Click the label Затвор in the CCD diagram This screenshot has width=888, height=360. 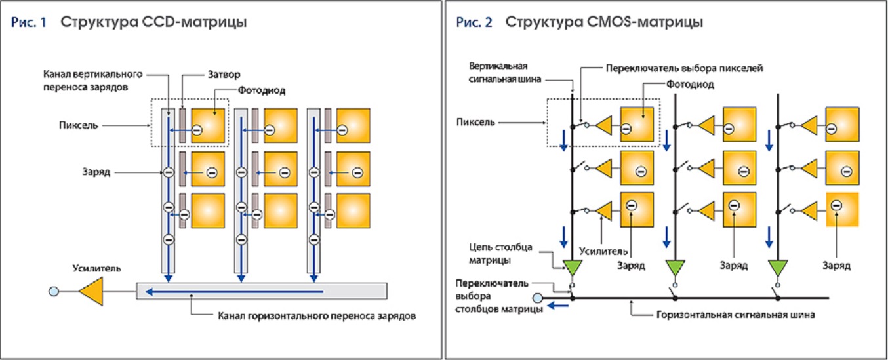pyautogui.click(x=224, y=75)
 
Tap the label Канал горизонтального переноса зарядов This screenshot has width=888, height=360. pyautogui.click(x=317, y=316)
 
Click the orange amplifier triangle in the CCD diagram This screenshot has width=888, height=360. pyautogui.click(x=91, y=291)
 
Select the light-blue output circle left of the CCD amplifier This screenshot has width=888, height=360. pyautogui.click(x=54, y=291)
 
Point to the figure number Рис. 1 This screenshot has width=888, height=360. pyautogui.click(x=29, y=22)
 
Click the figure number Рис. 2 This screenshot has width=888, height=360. pyautogui.click(x=474, y=22)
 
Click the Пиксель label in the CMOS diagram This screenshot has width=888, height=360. pyautogui.click(x=475, y=122)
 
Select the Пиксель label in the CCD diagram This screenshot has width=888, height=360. pyautogui.click(x=79, y=125)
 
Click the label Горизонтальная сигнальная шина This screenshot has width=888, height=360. pyautogui.click(x=736, y=315)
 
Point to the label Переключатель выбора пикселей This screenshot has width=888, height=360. pyautogui.click(x=685, y=69)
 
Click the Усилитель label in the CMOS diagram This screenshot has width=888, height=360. pyautogui.click(x=603, y=251)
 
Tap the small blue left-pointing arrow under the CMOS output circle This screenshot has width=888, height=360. pyautogui.click(x=558, y=306)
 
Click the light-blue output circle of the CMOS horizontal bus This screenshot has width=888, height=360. pyautogui.click(x=537, y=298)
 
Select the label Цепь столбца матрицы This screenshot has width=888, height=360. pyautogui.click(x=500, y=254)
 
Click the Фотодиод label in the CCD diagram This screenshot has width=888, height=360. pyautogui.click(x=262, y=90)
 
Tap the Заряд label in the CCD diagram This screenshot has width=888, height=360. pyautogui.click(x=96, y=172)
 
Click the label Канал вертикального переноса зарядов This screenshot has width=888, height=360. pyautogui.click(x=92, y=81)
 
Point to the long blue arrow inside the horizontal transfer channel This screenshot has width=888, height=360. pyautogui.click(x=234, y=292)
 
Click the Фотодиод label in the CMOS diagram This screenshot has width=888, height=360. pyautogui.click(x=690, y=85)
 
